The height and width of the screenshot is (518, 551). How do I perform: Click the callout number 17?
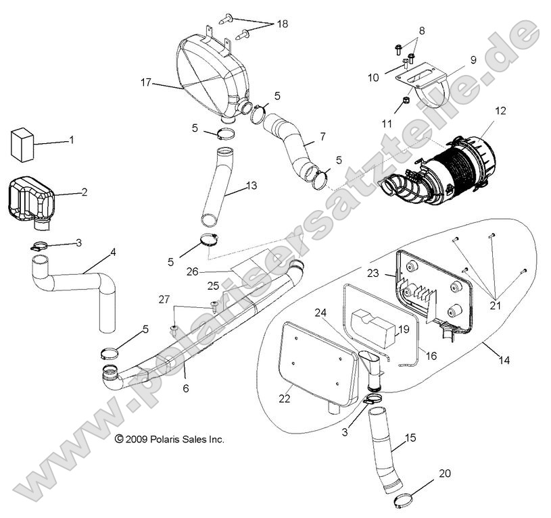point(145,84)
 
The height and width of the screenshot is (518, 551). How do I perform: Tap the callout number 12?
point(500,110)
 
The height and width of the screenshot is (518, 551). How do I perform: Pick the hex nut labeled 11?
point(400,101)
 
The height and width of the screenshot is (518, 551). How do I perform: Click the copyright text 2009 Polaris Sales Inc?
point(169,439)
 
